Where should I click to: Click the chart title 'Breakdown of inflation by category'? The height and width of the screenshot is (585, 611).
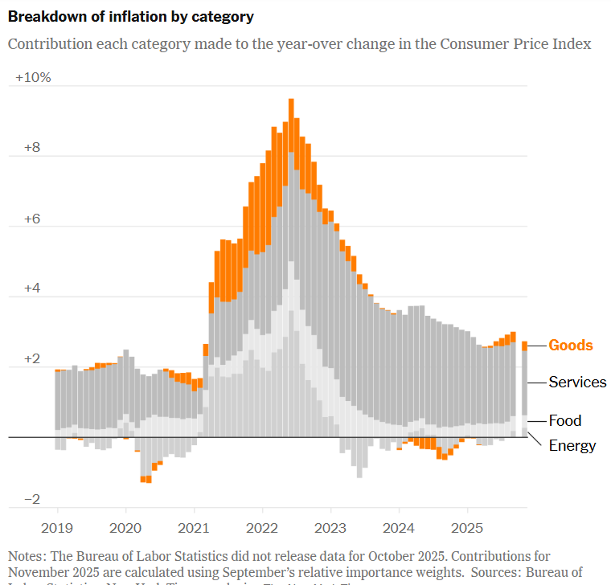(x=130, y=16)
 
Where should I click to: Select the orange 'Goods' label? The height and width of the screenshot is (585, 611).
(x=571, y=346)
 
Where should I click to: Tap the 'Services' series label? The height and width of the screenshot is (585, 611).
(x=577, y=382)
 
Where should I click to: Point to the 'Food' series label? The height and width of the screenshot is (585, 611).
(x=564, y=420)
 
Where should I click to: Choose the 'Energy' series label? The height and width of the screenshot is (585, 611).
(x=572, y=445)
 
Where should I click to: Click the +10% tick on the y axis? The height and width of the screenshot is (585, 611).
(x=33, y=78)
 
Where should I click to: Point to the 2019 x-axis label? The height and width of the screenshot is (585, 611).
(x=58, y=527)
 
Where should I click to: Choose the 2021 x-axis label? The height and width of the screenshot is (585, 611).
(x=194, y=527)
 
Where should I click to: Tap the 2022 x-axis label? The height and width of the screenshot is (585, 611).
(x=262, y=527)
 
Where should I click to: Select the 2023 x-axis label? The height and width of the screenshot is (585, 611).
(x=330, y=527)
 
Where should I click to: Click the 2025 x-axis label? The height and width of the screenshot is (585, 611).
(x=467, y=527)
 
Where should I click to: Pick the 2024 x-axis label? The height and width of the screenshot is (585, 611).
(x=399, y=527)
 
